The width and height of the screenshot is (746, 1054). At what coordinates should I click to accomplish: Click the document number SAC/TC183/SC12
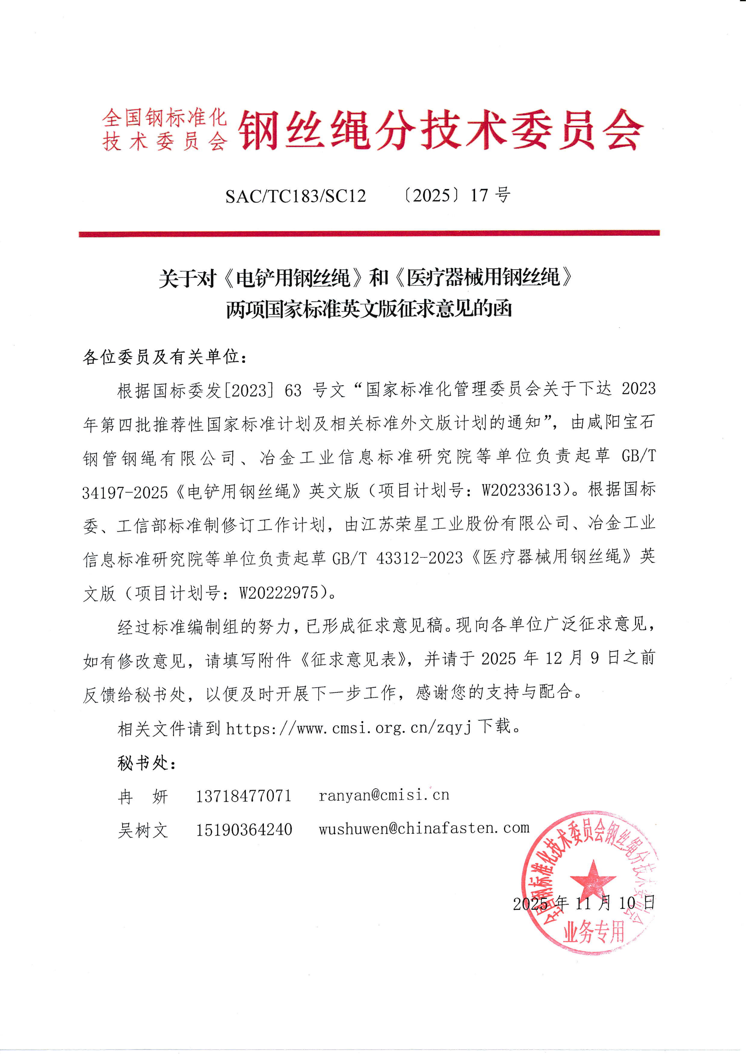(x=295, y=196)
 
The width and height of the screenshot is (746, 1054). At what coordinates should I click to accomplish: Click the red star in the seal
(x=593, y=879)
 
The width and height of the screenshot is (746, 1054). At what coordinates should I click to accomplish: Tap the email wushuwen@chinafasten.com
(x=424, y=828)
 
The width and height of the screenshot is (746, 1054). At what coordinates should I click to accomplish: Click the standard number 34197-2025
(x=125, y=492)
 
